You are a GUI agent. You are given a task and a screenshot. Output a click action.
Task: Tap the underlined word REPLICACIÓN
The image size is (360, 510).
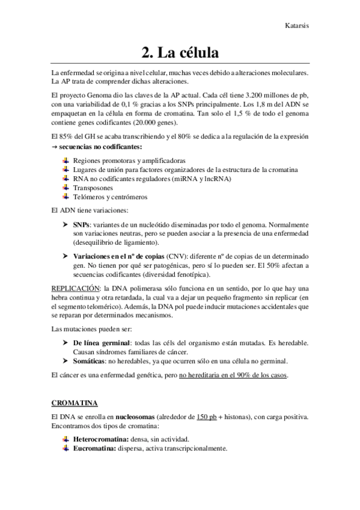[x=75, y=288]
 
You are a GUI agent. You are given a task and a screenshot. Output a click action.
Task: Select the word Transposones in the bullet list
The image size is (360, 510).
[x=93, y=187]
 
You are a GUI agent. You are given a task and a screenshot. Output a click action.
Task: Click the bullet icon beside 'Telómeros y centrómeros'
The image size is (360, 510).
[x=66, y=196]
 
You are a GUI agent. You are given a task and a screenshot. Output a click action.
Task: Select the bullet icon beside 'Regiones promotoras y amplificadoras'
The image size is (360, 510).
[x=66, y=161]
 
